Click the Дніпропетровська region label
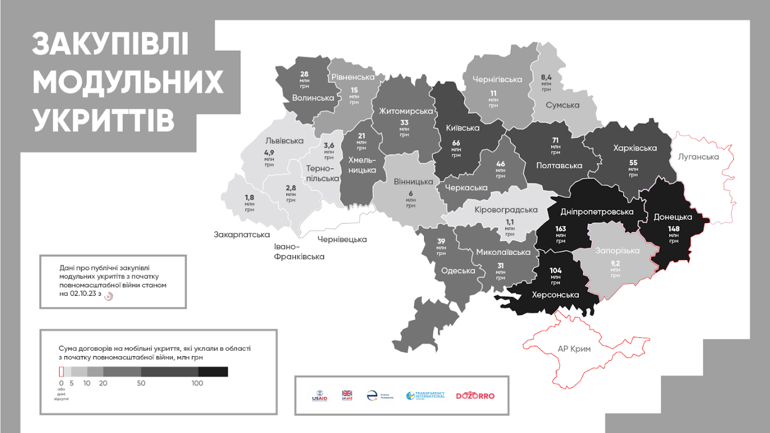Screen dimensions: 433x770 tap(596, 211)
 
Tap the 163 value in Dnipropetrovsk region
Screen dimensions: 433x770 tap(561, 228)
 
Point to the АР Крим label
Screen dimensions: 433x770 tap(574, 349)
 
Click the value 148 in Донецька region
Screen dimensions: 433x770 tap(673, 228)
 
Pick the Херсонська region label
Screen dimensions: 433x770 tap(555, 295)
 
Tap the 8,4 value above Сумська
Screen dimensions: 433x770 tap(546, 77)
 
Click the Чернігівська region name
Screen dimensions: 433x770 tap(497, 80)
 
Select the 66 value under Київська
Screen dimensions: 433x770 tap(456, 143)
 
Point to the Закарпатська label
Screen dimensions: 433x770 tap(242, 235)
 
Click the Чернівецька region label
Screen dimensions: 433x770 tap(342, 239)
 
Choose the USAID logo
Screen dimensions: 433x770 tap(320, 396)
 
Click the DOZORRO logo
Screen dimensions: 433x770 tap(475, 396)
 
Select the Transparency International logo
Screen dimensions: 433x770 tap(426, 396)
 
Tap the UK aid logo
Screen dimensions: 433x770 tap(347, 396)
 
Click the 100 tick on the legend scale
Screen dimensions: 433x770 tap(197, 383)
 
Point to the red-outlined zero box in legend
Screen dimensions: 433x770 tap(61, 371)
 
